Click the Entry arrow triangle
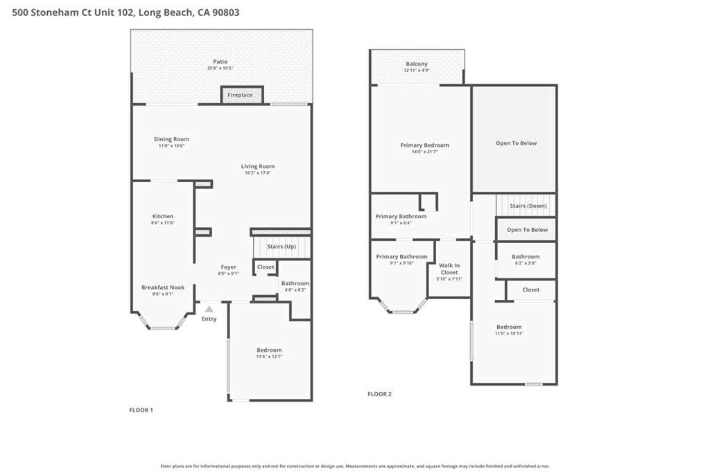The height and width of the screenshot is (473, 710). point(209,310)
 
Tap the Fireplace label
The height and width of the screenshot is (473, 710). point(240,95)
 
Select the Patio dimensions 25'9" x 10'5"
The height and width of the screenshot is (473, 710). point(220,69)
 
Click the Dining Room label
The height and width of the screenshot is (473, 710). point(172,139)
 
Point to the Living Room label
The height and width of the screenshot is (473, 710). point(258,166)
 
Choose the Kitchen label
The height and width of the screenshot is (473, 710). point(163,216)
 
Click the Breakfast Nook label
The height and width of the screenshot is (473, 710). point(163,287)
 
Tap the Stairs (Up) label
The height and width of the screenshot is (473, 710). point(282,247)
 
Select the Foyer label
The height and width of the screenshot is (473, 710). point(229,267)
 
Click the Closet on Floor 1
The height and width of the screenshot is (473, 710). point(266,267)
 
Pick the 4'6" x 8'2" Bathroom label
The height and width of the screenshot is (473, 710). point(295,283)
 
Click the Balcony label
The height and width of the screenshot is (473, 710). point(417,64)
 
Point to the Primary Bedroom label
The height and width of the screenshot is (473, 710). point(425,145)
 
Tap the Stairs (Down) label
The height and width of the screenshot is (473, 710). point(528,206)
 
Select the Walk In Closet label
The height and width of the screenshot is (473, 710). point(449,269)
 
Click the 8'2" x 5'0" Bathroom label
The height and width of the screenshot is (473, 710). point(526,256)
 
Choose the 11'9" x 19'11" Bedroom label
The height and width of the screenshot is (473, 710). point(509,327)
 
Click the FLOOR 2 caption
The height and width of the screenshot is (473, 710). point(379,394)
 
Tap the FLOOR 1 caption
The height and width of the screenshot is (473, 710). point(141,410)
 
